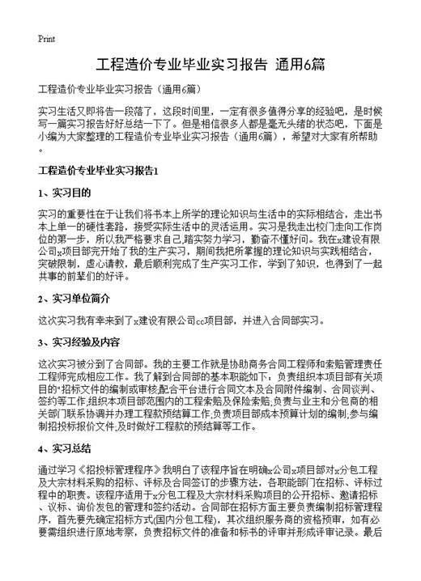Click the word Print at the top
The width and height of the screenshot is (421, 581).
(x=46, y=40)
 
